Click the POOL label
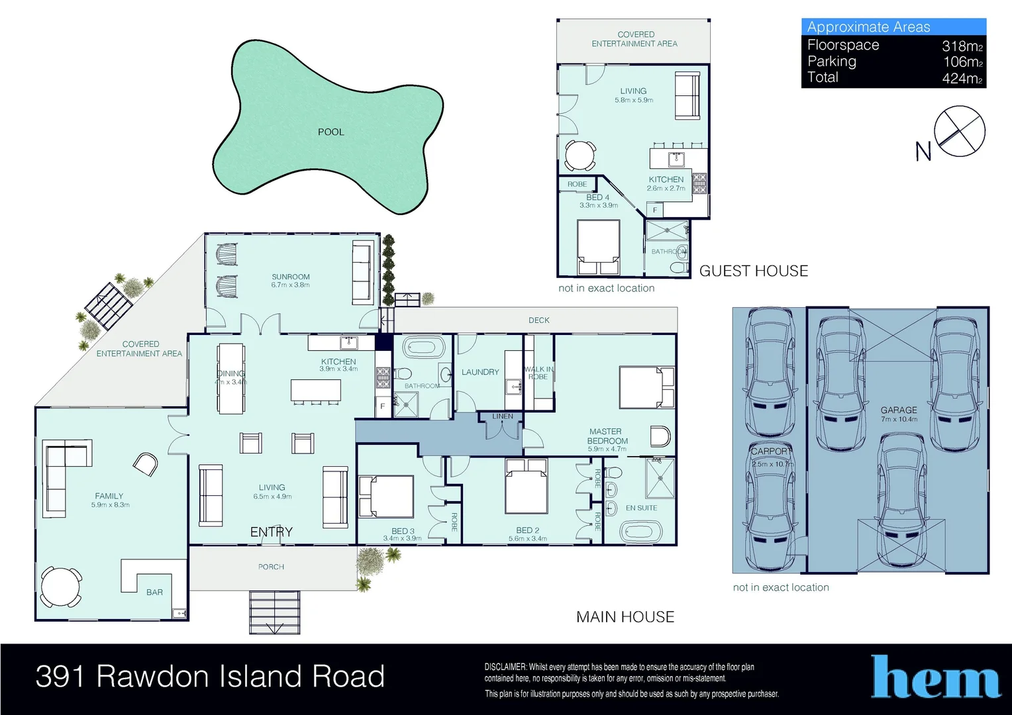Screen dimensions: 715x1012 [x=330, y=132]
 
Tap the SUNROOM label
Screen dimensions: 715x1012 [x=290, y=277]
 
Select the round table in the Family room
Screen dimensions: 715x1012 [x=61, y=587]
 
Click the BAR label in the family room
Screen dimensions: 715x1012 [x=154, y=593]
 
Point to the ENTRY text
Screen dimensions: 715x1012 [x=271, y=532]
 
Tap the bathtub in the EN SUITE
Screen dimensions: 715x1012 [x=640, y=532]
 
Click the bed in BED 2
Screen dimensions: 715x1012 [x=526, y=486]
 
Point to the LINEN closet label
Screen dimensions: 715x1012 [x=503, y=416]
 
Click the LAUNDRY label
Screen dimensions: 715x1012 [x=480, y=372]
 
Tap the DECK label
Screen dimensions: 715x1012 [x=538, y=320]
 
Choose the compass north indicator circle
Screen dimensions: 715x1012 [x=960, y=131]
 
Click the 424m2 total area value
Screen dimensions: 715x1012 [x=962, y=78]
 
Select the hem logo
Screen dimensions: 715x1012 [x=935, y=677]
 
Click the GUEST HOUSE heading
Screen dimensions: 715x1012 [x=753, y=271]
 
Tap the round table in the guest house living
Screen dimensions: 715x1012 [x=580, y=156]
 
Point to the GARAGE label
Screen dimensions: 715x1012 [x=899, y=410]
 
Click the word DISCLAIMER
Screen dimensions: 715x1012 [x=505, y=667]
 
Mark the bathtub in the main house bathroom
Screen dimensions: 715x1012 [x=423, y=348]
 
